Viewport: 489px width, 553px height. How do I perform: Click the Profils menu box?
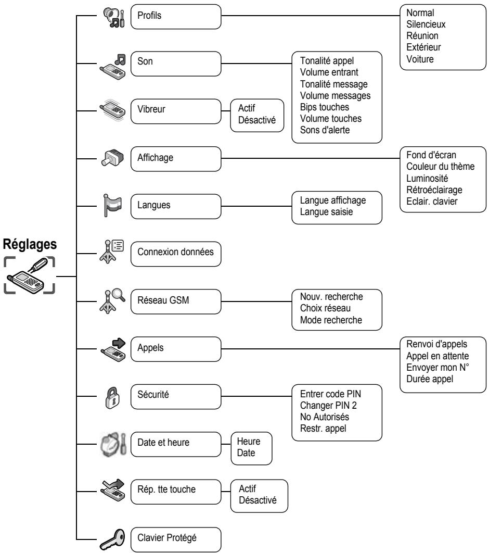tap(176, 17)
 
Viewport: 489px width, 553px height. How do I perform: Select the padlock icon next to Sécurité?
tap(112, 397)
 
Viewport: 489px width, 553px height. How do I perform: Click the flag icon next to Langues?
tap(112, 205)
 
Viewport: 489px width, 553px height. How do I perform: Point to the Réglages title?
tap(30, 244)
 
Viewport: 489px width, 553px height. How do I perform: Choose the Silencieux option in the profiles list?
tap(426, 24)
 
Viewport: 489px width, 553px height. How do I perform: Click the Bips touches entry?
tap(325, 107)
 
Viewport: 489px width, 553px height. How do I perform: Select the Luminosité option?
tap(427, 178)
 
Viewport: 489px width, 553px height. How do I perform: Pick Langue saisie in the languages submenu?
tap(326, 212)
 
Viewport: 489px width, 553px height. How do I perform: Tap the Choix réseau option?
tap(325, 308)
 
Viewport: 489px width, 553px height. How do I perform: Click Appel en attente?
tap(437, 356)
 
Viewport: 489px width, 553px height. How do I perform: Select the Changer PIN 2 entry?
tap(328, 406)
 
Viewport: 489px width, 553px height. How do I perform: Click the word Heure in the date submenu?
tap(249, 442)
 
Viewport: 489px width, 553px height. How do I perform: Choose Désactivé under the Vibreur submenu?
tap(257, 120)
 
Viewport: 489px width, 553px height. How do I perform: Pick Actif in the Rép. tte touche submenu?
tap(247, 489)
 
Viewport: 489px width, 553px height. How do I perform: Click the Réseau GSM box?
tap(176, 301)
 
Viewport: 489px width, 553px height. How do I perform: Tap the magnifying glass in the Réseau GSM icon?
tap(119, 295)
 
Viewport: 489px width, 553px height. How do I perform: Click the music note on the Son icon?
tap(120, 59)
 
